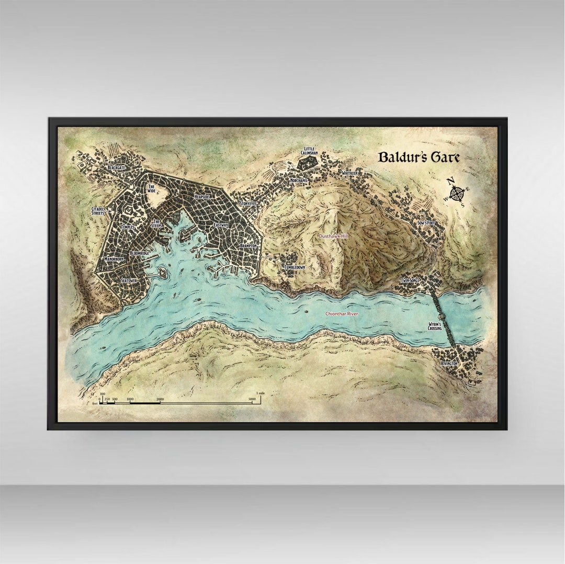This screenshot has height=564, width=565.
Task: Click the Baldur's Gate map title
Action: [x=419, y=157]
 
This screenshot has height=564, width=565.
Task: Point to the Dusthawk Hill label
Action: [x=333, y=236]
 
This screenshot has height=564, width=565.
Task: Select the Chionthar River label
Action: [x=342, y=313]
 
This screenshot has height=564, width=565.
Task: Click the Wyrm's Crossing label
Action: [x=435, y=326]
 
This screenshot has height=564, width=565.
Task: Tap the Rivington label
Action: [x=449, y=363]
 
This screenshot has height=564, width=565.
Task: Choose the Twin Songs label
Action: [x=410, y=280]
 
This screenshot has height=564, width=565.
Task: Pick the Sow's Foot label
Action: [x=426, y=223]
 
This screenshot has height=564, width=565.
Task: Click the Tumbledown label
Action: [x=294, y=267]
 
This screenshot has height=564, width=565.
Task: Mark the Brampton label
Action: [x=247, y=245]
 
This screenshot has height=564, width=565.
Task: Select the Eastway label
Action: [x=221, y=224]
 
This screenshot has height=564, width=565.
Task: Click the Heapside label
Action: [x=202, y=196]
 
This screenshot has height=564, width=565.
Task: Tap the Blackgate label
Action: [x=116, y=167]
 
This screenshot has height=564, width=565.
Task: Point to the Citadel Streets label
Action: [x=98, y=211]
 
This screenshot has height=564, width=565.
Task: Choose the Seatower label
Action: [x=129, y=280]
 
